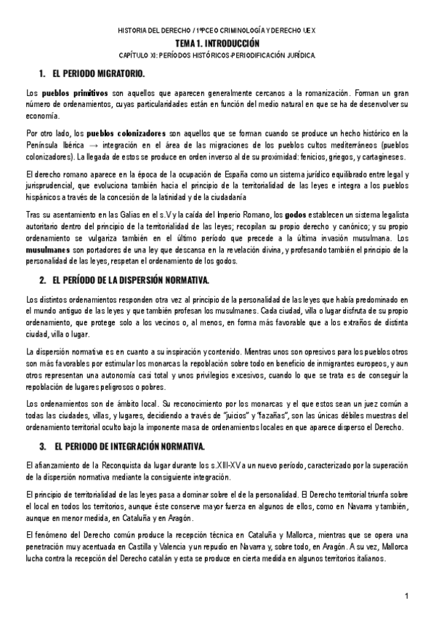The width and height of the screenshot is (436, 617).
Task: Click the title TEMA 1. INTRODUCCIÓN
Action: pyautogui.click(x=218, y=44)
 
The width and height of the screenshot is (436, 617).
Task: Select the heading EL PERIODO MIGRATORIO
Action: pyautogui.click(x=99, y=75)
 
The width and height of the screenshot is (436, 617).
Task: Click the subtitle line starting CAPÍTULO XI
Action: pyautogui.click(x=218, y=55)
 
